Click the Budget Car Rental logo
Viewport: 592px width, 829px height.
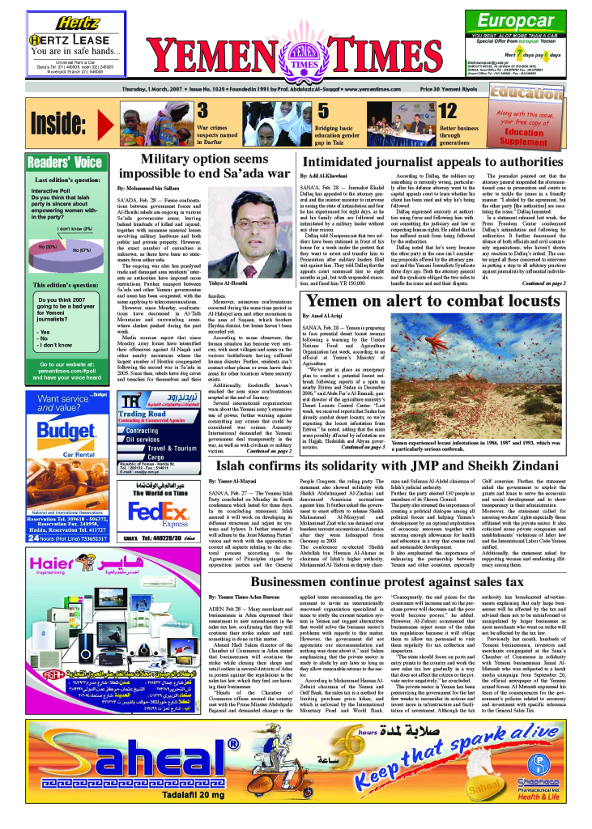coord(56,431)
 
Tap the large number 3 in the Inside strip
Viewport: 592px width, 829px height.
coord(204,110)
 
